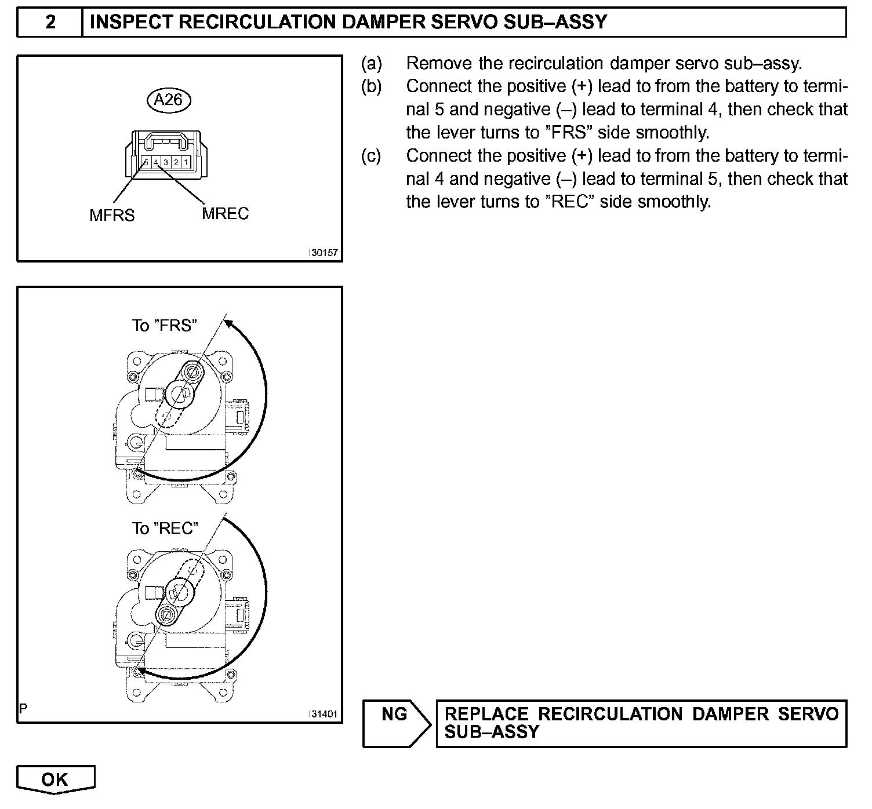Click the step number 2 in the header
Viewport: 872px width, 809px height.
tap(50, 22)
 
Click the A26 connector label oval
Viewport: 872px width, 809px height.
tap(169, 100)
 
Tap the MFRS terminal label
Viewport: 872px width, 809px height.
tap(112, 216)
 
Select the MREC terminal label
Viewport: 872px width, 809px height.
tap(226, 214)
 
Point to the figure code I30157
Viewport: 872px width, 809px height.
tap(324, 253)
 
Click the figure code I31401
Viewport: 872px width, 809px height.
tap(324, 715)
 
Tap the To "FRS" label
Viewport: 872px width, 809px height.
tap(165, 326)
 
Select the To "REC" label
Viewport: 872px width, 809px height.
tap(165, 529)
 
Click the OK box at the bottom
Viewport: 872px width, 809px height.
tap(55, 780)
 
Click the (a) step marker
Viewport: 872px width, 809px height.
tap(372, 63)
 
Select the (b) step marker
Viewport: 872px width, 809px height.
tap(372, 86)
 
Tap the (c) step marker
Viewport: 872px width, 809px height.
tap(372, 156)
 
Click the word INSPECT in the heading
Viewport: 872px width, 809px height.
tap(131, 22)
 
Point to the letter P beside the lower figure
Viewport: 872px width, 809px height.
tap(23, 708)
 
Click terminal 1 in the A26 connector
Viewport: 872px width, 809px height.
tap(184, 162)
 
